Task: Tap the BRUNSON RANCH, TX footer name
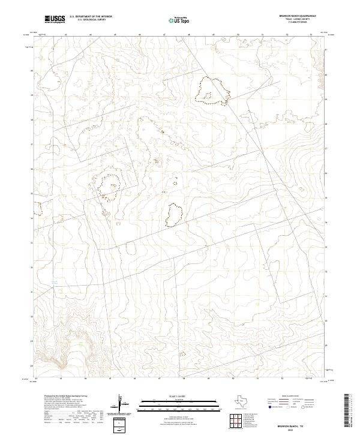pyautogui.click(x=298, y=424)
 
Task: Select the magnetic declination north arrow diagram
pyautogui.click(x=121, y=405)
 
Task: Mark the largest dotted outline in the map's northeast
pyautogui.click(x=213, y=90)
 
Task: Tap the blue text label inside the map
pyautogui.click(x=53, y=281)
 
